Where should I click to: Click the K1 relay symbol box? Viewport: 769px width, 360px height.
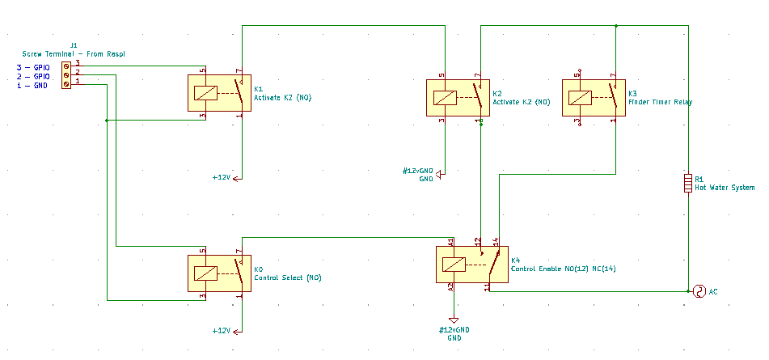click(x=219, y=93)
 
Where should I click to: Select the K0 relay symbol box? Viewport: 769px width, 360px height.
click(x=219, y=273)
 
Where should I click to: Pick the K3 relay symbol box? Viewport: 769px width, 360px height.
click(x=593, y=98)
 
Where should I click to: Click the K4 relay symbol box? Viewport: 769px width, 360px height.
click(x=472, y=265)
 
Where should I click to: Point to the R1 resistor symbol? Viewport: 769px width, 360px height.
click(x=688, y=184)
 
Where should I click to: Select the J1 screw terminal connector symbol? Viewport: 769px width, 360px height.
click(x=66, y=73)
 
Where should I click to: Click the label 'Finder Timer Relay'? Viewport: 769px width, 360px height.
click(x=660, y=103)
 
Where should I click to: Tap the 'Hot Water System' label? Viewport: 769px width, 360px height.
click(x=725, y=188)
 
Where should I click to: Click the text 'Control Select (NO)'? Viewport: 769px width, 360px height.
click(x=288, y=277)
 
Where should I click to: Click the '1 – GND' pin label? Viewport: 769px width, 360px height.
click(x=32, y=85)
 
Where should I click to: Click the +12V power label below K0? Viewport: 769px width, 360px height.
click(x=222, y=331)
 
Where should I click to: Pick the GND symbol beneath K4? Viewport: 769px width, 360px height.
click(x=454, y=320)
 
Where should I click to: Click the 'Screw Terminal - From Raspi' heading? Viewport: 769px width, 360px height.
click(x=74, y=54)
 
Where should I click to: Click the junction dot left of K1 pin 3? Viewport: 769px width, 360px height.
click(x=108, y=121)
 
